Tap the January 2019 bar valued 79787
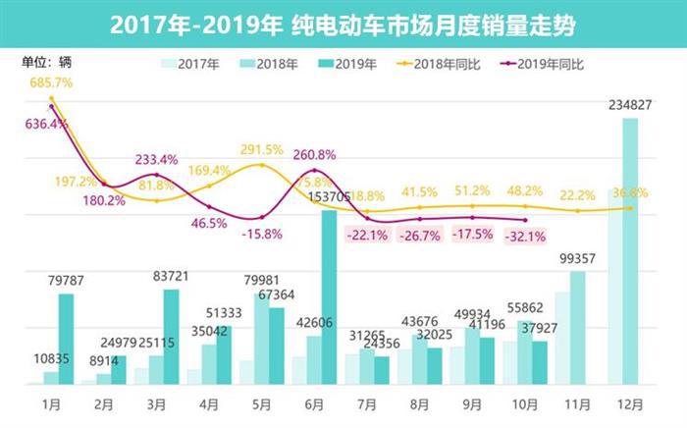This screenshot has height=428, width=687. [66, 339]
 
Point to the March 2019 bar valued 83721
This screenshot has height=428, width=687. [172, 336]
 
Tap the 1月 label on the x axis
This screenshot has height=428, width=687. [51, 402]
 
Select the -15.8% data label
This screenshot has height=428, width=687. [261, 234]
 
